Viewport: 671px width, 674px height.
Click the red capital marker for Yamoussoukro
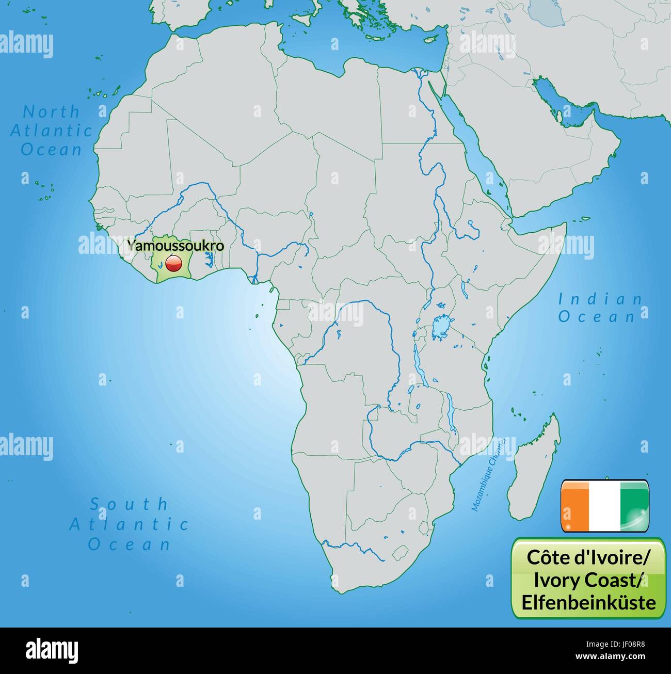(x=173, y=265)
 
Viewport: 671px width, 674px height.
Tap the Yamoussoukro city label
(x=176, y=246)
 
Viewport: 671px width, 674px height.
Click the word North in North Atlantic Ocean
(x=52, y=111)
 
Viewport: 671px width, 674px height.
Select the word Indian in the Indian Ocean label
(x=601, y=299)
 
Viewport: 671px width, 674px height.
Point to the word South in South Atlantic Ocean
(x=129, y=504)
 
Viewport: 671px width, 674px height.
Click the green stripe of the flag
(x=634, y=505)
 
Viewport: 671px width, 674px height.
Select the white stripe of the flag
(x=605, y=505)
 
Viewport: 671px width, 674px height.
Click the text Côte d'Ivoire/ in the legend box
(x=588, y=558)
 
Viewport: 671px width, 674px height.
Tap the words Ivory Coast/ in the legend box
(x=588, y=580)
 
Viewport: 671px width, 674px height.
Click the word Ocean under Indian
(x=597, y=316)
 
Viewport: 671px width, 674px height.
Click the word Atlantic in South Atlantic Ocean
(x=129, y=524)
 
